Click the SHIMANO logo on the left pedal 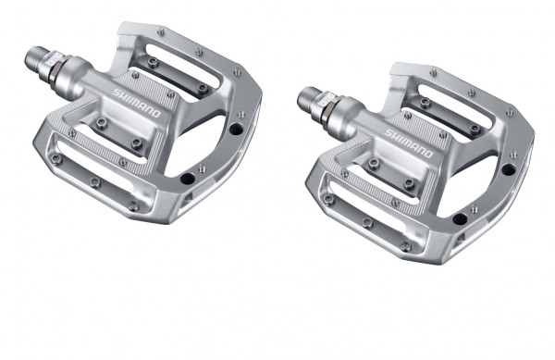coord(137,102)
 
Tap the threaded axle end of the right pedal coord(307,94)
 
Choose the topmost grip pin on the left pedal coord(163,31)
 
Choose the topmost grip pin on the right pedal coord(433,71)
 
